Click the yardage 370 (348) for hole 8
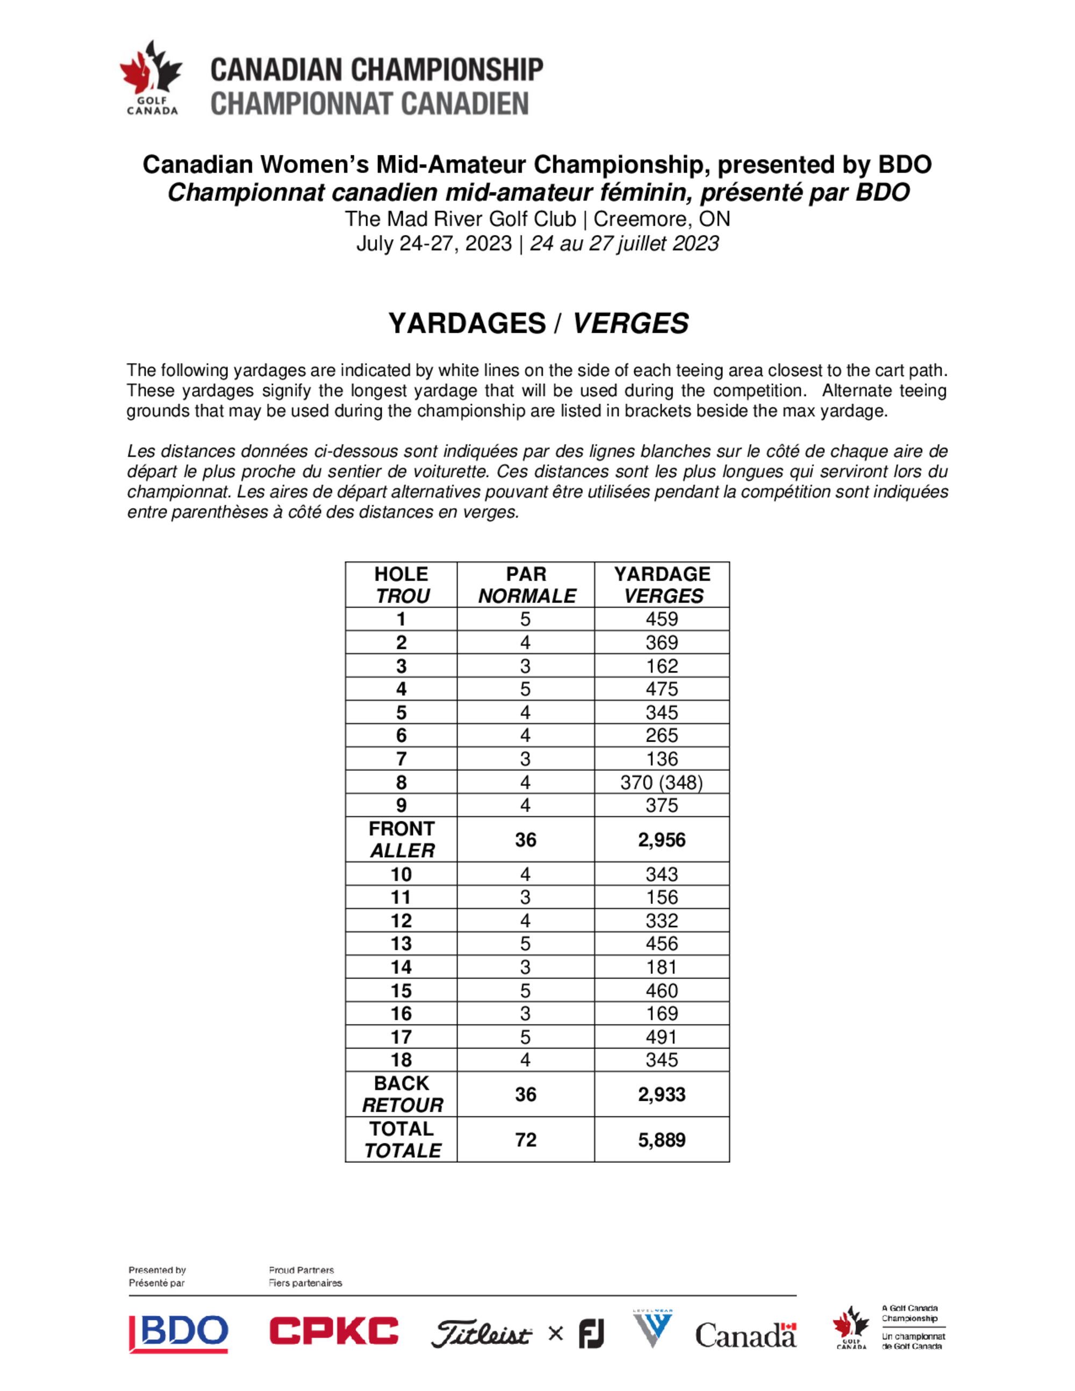(661, 782)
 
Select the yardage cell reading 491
(661, 1037)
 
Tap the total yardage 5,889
(661, 1139)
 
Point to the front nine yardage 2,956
(661, 840)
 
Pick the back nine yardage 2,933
(661, 1094)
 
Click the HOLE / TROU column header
(401, 585)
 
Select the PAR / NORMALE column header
(526, 585)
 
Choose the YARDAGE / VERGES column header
(662, 585)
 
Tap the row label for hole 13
(401, 944)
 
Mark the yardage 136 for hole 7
(661, 758)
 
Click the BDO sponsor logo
(179, 1333)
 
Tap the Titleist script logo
(481, 1333)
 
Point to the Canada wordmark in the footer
(745, 1335)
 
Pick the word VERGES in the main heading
(630, 323)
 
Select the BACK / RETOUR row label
(401, 1094)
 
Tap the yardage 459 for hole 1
(661, 619)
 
